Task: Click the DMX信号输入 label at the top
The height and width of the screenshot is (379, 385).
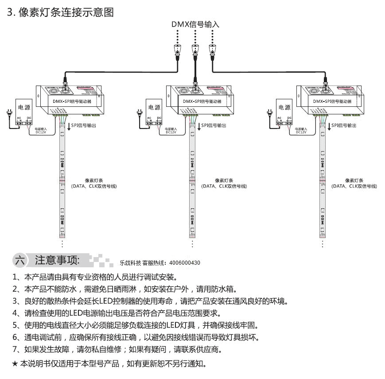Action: (195, 24)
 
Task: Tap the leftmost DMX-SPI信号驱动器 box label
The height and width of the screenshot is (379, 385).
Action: (69, 102)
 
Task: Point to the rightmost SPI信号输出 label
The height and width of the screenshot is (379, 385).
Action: (344, 126)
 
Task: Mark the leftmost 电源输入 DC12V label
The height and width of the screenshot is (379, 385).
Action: (41, 130)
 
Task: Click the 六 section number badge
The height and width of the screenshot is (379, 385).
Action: (20, 260)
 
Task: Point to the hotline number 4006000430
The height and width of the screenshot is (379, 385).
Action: (185, 263)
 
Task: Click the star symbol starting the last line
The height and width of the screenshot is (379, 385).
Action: (16, 364)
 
